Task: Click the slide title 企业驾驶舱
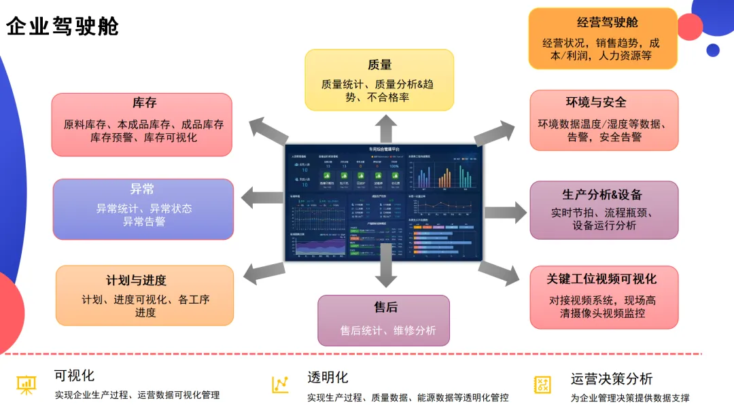click(63, 26)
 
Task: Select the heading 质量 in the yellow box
click(379, 65)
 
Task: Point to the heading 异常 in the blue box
click(143, 189)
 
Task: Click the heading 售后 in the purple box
click(385, 308)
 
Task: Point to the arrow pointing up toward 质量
click(387, 128)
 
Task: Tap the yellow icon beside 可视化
click(27, 384)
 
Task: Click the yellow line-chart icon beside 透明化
click(280, 384)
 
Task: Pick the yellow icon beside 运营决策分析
click(542, 384)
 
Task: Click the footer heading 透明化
click(328, 377)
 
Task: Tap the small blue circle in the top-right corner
click(713, 50)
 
